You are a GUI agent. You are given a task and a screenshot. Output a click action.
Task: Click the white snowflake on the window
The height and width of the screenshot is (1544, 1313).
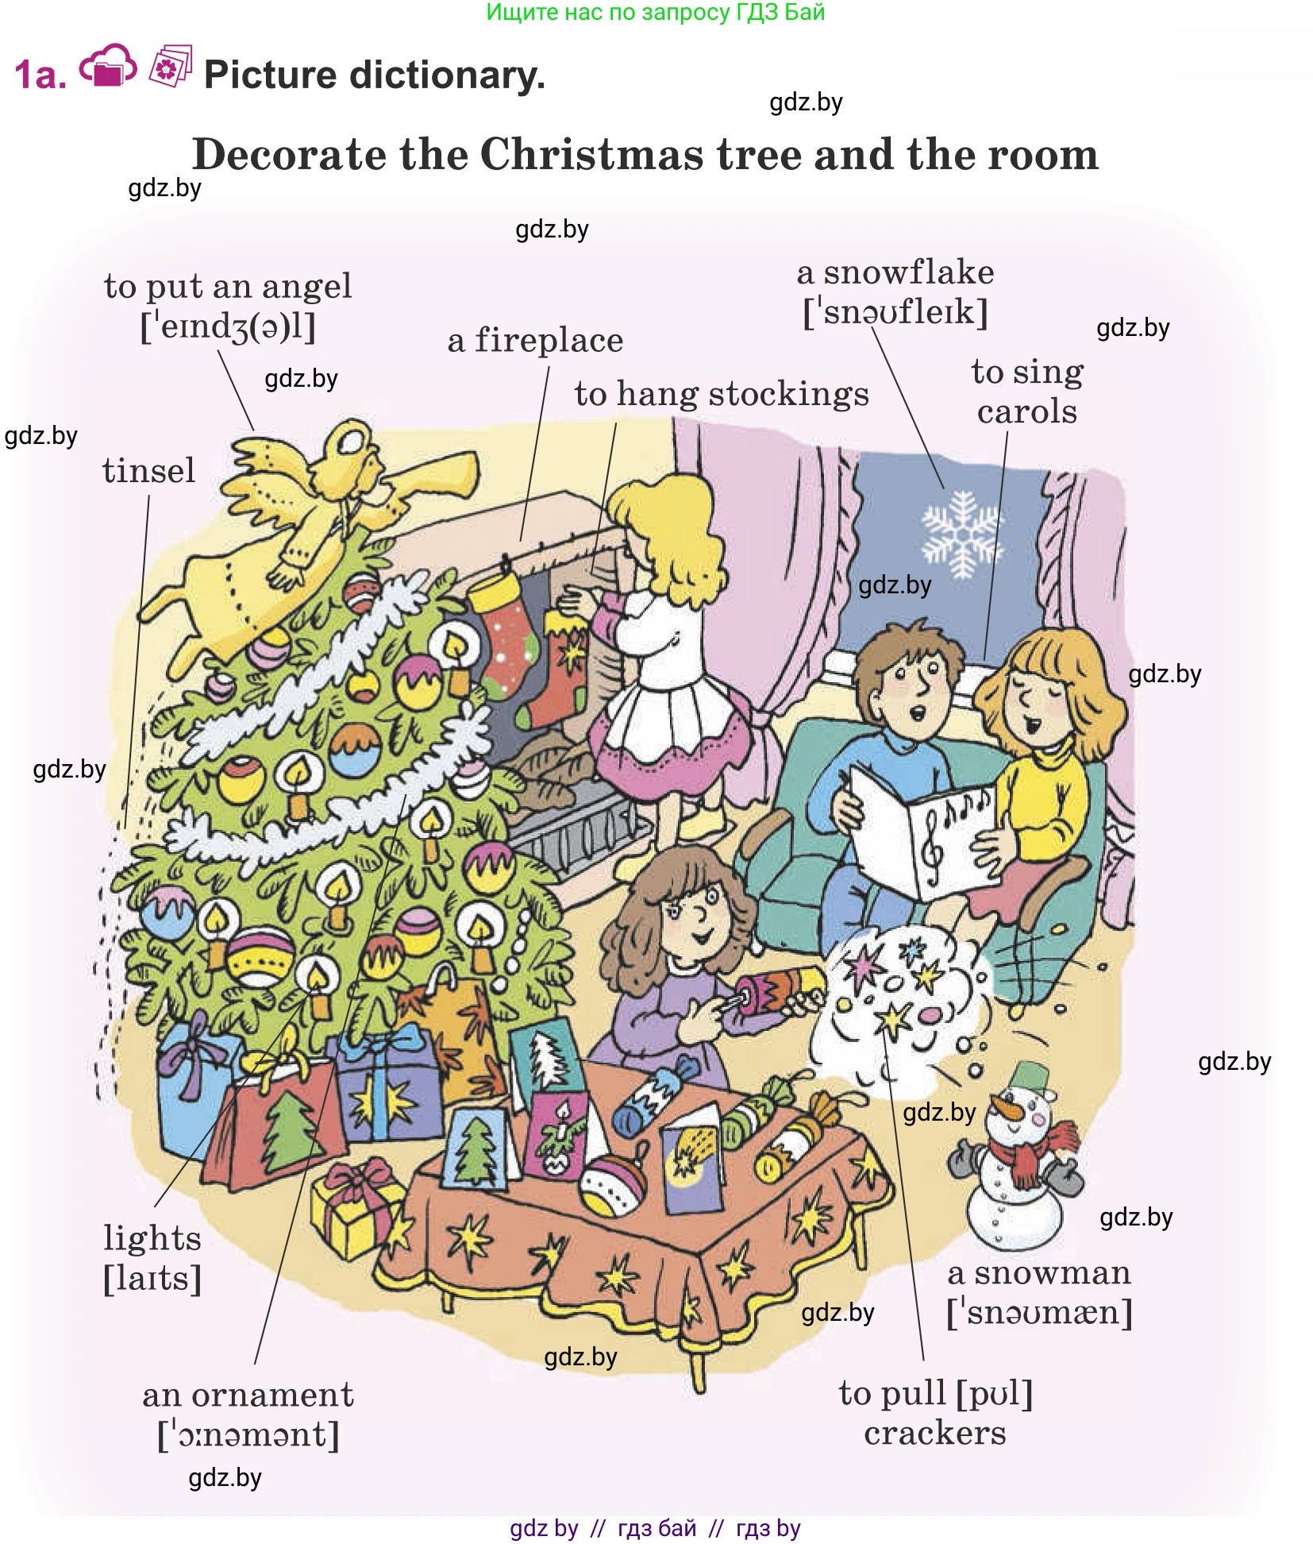tap(961, 533)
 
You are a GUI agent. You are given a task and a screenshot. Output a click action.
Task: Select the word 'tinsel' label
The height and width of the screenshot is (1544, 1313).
tap(148, 470)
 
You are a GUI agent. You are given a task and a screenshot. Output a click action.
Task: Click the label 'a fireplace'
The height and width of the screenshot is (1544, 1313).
tap(535, 341)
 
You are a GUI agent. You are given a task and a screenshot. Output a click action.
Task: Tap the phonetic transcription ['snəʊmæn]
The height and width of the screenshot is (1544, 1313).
tap(1039, 1312)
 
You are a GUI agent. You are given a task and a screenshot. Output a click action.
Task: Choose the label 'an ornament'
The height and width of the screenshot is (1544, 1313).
tap(248, 1395)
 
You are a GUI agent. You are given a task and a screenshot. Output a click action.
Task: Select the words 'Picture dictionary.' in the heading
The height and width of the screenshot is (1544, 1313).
tap(375, 75)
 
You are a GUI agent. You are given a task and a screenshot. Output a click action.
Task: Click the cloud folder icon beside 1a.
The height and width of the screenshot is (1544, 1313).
tap(108, 67)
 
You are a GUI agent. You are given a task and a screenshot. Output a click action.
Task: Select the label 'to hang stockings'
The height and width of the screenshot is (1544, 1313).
tap(722, 395)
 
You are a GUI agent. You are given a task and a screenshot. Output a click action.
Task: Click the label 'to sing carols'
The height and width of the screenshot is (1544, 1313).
tap(1027, 392)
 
